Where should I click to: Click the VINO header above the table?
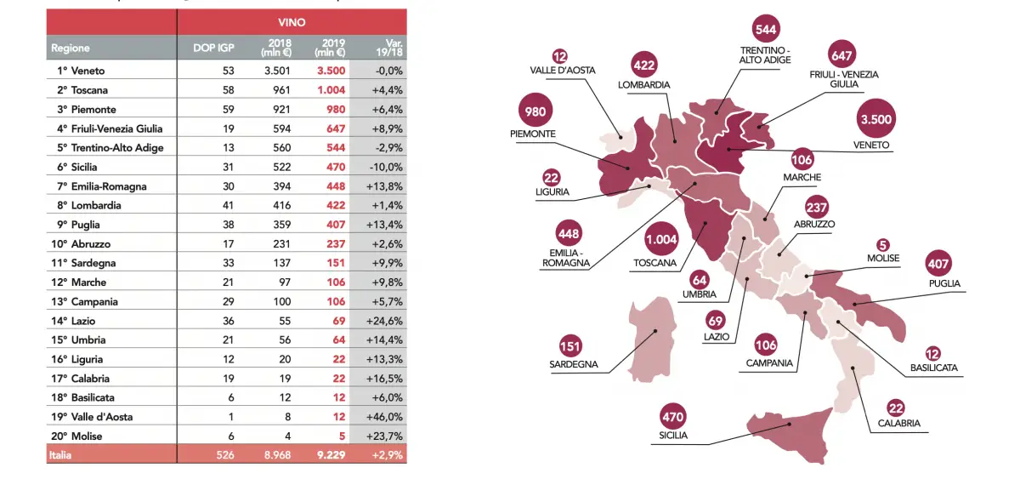292,21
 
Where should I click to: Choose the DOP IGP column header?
213,48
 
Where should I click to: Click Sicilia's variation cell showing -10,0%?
384,167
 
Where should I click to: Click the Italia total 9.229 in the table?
329,456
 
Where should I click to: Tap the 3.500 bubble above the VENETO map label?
875,119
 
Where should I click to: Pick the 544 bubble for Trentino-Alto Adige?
765,29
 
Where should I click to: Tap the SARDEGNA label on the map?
574,365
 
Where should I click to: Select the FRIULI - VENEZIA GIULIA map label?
844,80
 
